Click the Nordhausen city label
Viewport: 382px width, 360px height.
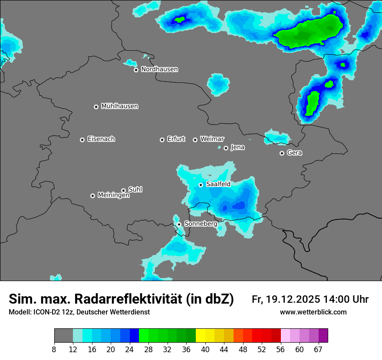click(159, 69)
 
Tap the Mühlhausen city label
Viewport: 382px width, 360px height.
click(119, 106)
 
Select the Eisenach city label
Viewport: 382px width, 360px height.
click(101, 139)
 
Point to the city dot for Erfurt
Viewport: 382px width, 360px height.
click(162, 140)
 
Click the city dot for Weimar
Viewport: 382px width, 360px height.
click(195, 140)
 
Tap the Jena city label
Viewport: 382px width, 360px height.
click(237, 147)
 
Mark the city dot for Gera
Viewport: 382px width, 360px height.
click(282, 153)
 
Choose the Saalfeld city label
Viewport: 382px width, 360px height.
click(218, 184)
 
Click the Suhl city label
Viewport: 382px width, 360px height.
click(135, 190)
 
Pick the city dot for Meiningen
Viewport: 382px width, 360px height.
click(92, 196)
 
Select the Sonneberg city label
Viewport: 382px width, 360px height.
click(201, 224)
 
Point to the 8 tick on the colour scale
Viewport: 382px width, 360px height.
click(54, 349)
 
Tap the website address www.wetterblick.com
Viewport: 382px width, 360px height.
click(313, 312)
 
